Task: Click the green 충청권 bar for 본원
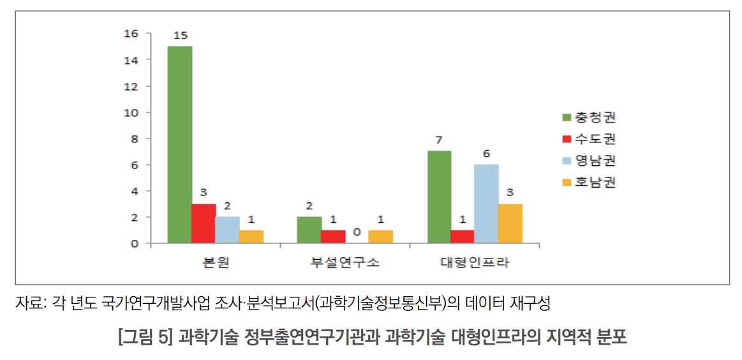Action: [x=179, y=145]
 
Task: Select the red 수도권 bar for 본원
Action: [x=204, y=223]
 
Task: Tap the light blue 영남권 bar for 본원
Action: [x=227, y=230]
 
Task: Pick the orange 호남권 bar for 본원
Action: [x=251, y=237]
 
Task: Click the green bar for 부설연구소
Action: [x=309, y=230]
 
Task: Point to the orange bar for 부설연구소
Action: [x=381, y=237]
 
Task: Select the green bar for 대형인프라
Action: [x=439, y=197]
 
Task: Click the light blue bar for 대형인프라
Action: [x=486, y=204]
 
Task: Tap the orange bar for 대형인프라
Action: [x=510, y=223]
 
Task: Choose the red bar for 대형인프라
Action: [x=463, y=237]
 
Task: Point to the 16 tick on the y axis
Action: [x=130, y=33]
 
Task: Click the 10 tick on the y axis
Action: [x=130, y=112]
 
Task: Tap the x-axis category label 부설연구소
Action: [x=345, y=262]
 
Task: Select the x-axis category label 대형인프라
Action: [x=475, y=262]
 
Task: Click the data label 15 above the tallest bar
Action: [x=179, y=35]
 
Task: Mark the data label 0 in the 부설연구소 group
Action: [x=357, y=233]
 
